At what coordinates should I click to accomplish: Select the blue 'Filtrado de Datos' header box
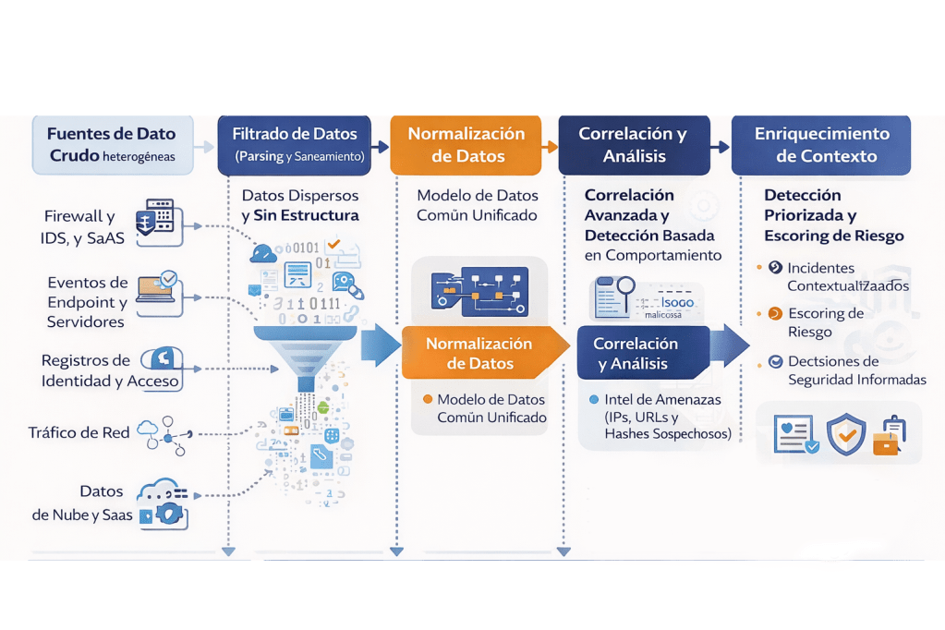tap(294, 144)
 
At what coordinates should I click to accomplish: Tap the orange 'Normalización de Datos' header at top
tap(466, 144)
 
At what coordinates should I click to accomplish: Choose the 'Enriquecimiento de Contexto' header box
tap(821, 144)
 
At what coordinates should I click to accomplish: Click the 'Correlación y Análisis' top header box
tap(634, 144)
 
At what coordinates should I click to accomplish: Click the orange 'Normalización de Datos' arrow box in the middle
tap(480, 353)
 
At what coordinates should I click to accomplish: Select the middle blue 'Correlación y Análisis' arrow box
tap(642, 353)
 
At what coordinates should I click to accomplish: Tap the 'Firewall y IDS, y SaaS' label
tap(80, 227)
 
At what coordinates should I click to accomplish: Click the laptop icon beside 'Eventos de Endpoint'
tap(157, 287)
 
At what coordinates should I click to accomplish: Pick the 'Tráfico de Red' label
tap(79, 432)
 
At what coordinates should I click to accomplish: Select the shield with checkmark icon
tap(845, 434)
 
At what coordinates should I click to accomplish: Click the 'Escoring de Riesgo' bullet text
tap(825, 322)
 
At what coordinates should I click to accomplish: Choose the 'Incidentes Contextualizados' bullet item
tap(847, 277)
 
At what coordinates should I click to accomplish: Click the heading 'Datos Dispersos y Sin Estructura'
tap(300, 205)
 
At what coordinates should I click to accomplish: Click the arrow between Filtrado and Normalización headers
tap(379, 146)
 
